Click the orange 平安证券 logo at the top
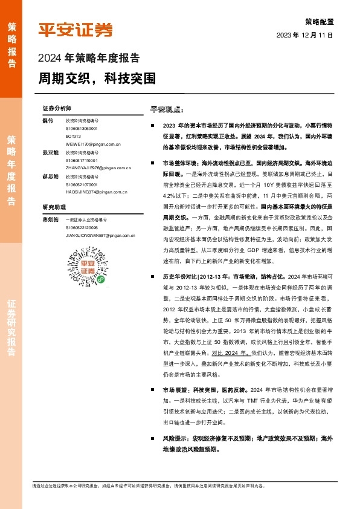(x=76, y=29)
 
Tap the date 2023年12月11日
(x=305, y=35)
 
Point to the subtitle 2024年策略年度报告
(x=89, y=59)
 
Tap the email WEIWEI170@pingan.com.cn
(x=93, y=144)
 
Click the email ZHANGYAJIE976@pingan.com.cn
(x=98, y=168)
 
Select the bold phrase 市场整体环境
(x=179, y=163)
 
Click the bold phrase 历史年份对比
(x=179, y=275)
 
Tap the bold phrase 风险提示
(x=174, y=438)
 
